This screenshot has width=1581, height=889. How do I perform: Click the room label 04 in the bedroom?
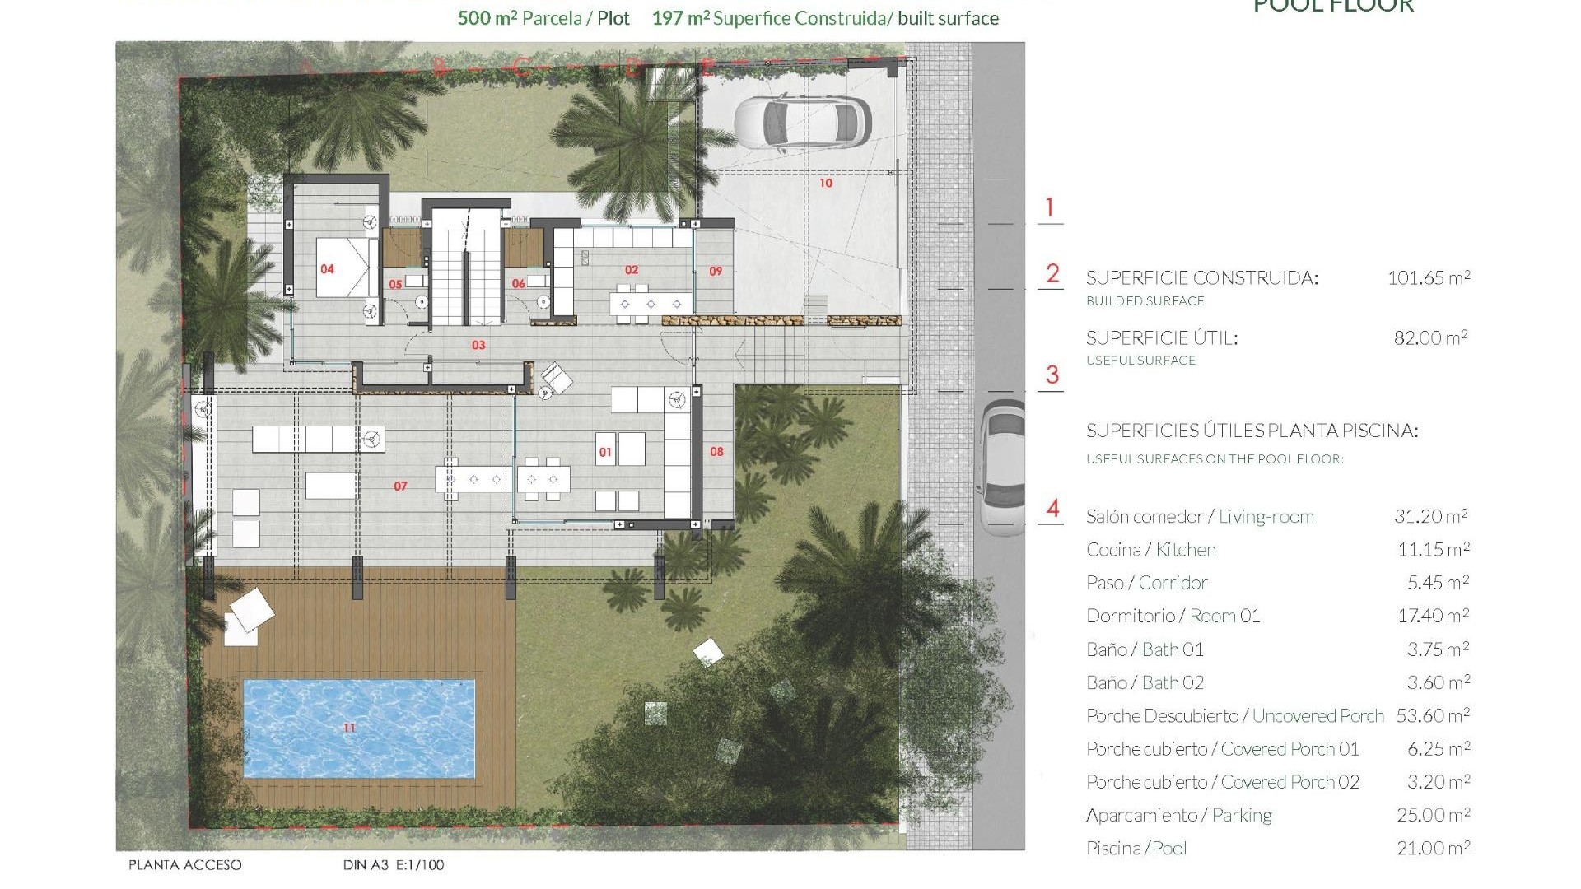point(327,269)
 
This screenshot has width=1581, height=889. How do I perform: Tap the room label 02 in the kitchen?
point(632,270)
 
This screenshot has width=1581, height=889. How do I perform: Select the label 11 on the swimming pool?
point(349,728)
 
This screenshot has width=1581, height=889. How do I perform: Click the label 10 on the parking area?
point(826,183)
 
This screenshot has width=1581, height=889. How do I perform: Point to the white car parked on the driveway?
point(801,123)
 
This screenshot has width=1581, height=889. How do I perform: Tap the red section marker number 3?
point(1052,375)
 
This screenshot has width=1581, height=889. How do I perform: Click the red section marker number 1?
point(1049,207)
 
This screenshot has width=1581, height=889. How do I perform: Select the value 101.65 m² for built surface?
point(1429,278)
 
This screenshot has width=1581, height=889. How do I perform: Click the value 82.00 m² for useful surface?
point(1430,337)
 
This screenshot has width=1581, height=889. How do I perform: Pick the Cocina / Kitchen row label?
point(1150,550)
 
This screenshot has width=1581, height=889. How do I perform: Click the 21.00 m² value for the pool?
point(1433,848)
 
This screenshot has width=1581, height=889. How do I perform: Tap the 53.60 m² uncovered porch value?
point(1432,715)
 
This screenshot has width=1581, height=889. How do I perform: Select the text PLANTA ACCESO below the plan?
point(185,865)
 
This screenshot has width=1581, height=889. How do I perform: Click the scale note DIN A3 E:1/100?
point(394,865)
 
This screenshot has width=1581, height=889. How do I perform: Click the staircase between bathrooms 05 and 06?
point(466,268)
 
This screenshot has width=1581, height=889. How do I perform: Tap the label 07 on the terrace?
point(400,486)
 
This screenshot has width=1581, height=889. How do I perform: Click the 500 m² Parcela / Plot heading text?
point(543,18)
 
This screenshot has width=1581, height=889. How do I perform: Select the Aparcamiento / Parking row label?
point(1178,815)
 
